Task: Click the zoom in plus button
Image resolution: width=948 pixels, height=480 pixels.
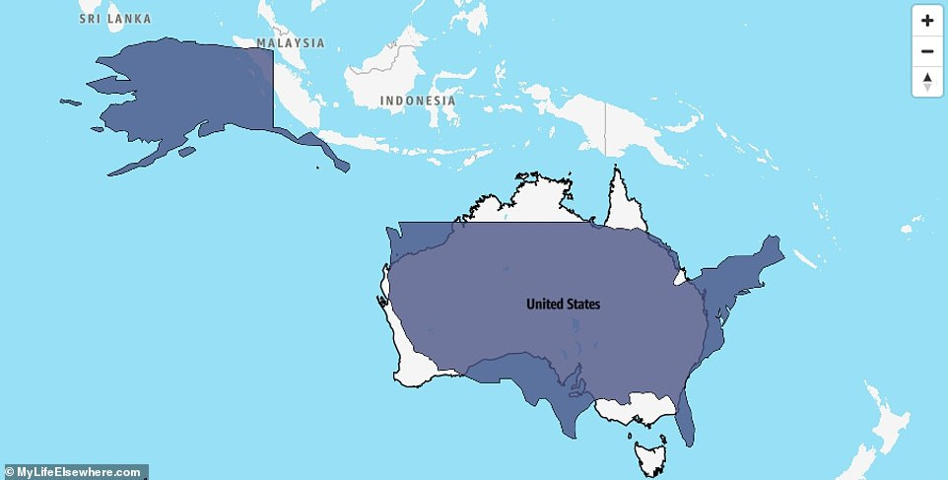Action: (927, 20)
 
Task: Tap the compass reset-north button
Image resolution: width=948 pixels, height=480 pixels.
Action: (927, 82)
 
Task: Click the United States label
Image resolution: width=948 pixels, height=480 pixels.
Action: (563, 304)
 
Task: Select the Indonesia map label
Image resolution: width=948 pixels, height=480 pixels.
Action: (418, 101)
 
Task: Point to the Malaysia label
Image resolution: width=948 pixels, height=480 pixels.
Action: (291, 43)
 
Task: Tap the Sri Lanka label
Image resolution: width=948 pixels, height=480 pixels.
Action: (115, 19)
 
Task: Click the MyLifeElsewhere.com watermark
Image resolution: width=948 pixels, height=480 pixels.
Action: (74, 472)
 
